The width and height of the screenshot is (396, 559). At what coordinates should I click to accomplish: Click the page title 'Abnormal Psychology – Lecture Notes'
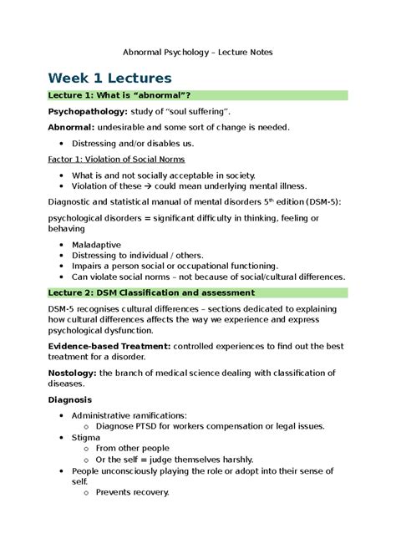pyautogui.click(x=198, y=52)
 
